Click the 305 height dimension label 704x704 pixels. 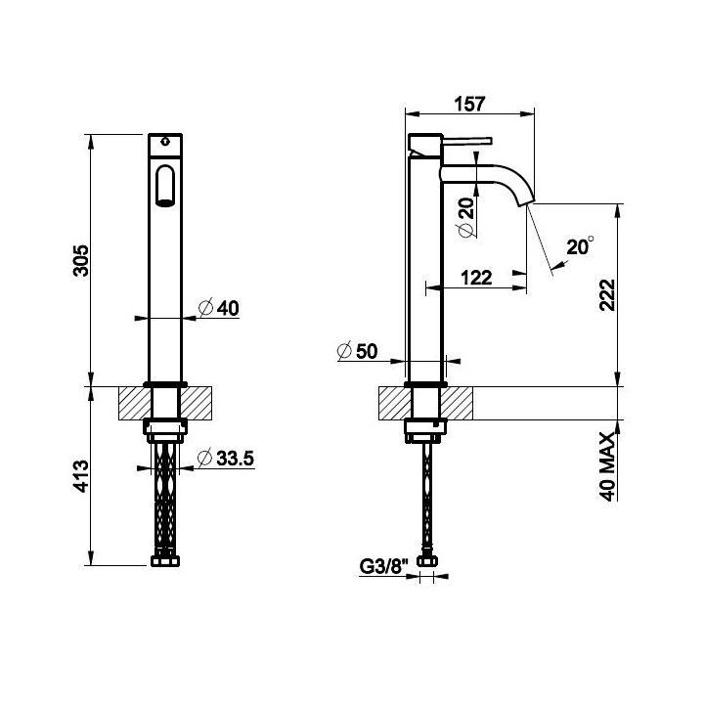coord(81,260)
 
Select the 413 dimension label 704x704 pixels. coord(81,476)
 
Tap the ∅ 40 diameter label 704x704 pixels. coord(219,308)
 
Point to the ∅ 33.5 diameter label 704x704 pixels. coord(226,458)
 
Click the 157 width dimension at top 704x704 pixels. coord(469,104)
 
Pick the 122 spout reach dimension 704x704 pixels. coord(476,278)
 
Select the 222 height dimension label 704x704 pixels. coord(607,295)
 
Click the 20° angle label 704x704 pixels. coord(580,246)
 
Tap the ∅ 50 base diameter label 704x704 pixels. coord(358,351)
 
